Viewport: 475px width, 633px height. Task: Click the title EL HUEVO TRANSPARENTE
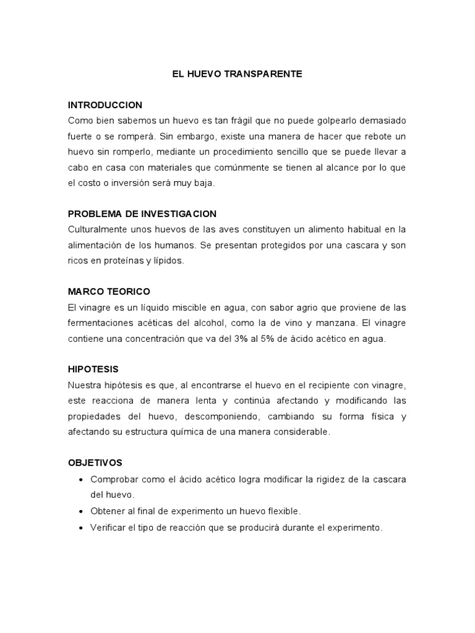pyautogui.click(x=237, y=74)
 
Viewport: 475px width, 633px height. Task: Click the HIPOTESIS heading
pyautogui.click(x=93, y=369)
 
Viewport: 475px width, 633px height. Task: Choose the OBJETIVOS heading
pyautogui.click(x=95, y=462)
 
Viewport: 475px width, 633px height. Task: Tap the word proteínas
pyautogui.click(x=126, y=261)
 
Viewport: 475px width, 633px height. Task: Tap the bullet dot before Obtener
pyautogui.click(x=82, y=512)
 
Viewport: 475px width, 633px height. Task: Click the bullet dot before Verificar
pyautogui.click(x=82, y=528)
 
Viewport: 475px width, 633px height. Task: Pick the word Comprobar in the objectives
pyautogui.click(x=114, y=480)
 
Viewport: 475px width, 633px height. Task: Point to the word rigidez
pyautogui.click(x=329, y=480)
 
